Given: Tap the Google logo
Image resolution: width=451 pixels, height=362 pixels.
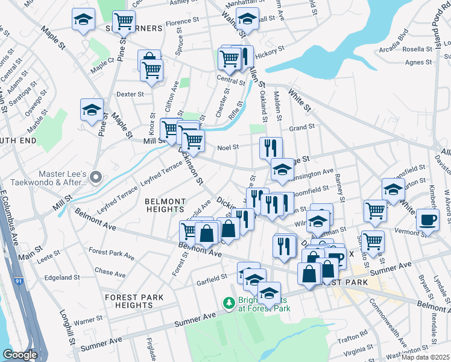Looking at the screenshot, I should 20,355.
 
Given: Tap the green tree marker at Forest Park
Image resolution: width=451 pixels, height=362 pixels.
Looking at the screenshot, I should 229,302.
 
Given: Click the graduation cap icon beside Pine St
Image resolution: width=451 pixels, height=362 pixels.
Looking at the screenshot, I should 92,110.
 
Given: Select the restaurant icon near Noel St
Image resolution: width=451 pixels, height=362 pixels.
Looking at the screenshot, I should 271,147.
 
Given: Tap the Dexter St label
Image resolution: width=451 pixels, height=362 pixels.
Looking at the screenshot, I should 130,94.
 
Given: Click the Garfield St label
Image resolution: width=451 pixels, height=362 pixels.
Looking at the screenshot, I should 211,276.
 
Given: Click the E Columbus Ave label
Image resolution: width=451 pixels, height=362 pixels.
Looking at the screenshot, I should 12,214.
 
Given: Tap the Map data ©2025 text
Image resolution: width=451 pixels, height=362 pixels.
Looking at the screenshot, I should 425,357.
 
